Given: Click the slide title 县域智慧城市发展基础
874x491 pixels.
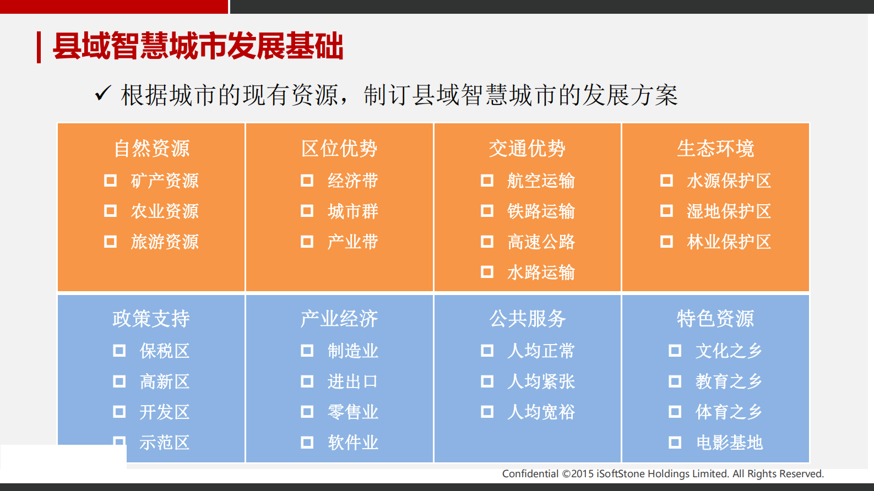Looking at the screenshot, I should click(198, 46).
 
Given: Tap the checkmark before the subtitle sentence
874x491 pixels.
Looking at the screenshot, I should click(103, 94).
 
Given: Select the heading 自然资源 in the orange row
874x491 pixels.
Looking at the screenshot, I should click(151, 149).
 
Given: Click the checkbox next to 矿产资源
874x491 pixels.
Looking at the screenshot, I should click(111, 181).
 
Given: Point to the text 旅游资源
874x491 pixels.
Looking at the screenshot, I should click(165, 242).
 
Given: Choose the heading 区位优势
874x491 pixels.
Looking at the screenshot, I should click(339, 149).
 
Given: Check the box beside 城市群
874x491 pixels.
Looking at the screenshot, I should click(307, 211).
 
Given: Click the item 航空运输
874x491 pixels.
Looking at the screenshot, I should click(541, 181).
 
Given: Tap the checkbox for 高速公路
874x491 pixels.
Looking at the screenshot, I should click(487, 242).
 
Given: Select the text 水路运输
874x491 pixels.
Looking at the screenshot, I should click(541, 272).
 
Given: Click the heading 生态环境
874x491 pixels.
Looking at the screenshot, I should click(715, 149).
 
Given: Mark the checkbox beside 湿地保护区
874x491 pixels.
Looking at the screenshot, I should click(667, 211).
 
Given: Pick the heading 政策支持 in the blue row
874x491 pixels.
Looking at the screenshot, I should click(151, 319).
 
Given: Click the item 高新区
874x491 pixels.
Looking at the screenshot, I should click(164, 381).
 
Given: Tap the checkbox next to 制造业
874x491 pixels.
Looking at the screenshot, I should click(307, 351).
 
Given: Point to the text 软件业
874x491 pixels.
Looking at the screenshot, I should click(353, 443).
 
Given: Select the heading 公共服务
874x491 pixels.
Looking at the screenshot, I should click(528, 319).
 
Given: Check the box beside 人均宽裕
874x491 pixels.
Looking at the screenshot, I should click(487, 412).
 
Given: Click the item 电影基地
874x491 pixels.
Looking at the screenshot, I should click(729, 443).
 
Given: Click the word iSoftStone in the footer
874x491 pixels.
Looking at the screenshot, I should click(621, 474).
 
